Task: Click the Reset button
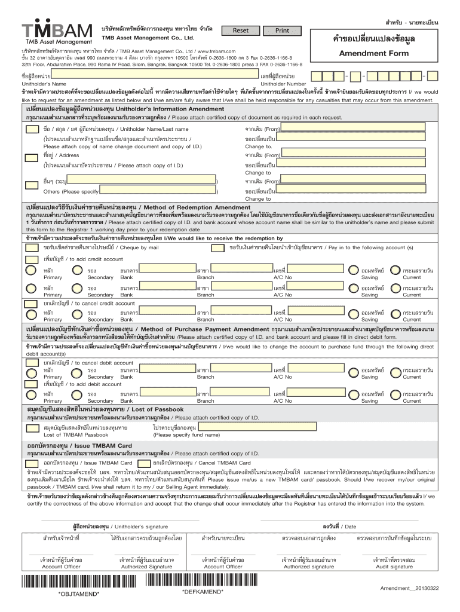(240, 30)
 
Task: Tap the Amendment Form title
(373, 53)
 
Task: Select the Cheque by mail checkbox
(30, 246)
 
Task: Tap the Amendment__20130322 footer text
(410, 589)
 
